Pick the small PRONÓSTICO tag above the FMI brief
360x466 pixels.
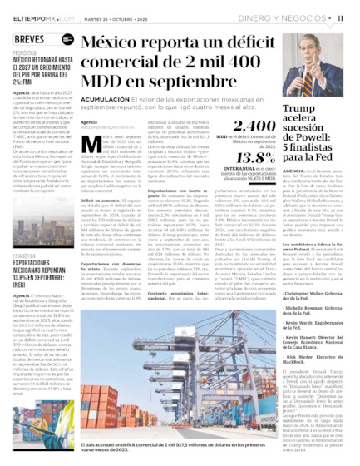click(24, 52)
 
